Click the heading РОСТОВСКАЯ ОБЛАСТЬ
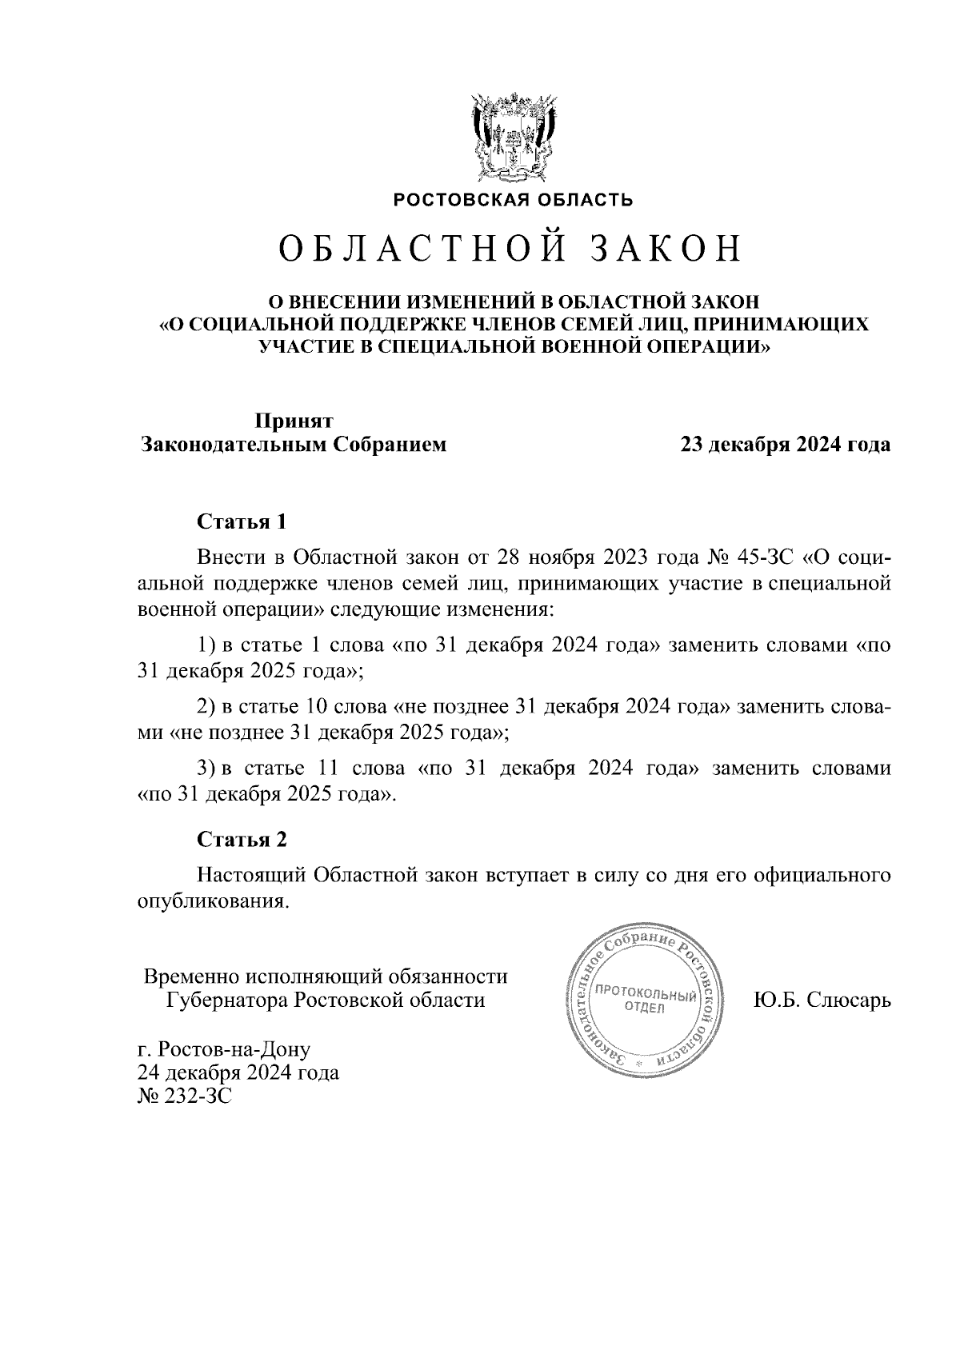(513, 200)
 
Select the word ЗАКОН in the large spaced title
(666, 250)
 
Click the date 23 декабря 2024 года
(785, 445)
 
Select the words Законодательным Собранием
(294, 445)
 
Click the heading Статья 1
(241, 522)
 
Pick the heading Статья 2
(241, 839)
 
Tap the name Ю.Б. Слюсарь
(822, 1001)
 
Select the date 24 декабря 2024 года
(238, 1072)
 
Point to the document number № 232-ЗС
(185, 1096)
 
